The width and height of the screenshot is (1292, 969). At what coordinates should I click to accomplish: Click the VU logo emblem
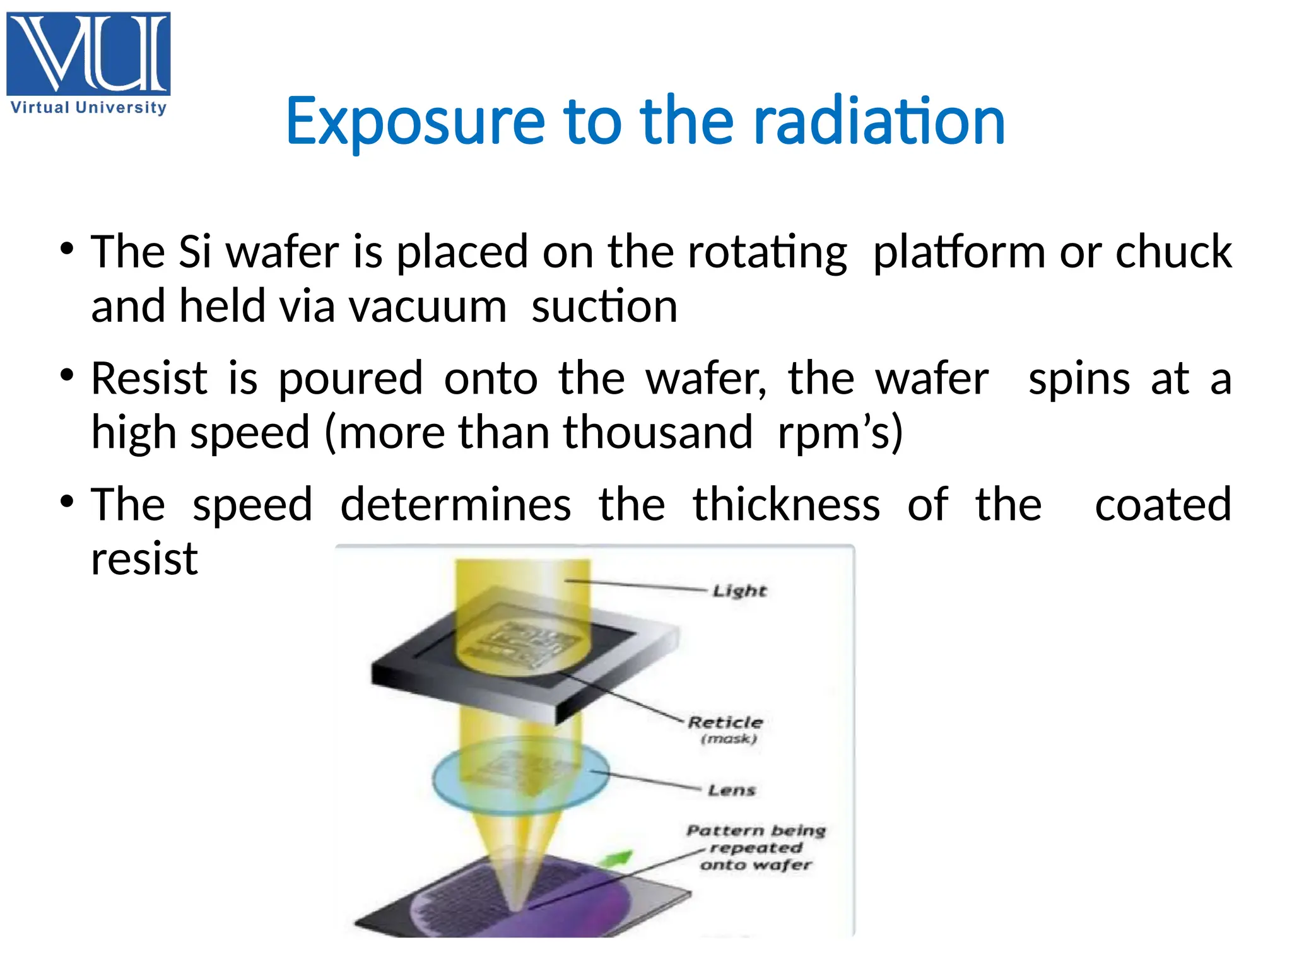pos(88,53)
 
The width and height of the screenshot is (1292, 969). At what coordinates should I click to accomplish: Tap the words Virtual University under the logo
pos(88,107)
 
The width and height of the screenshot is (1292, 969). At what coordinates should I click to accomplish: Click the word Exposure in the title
pos(415,121)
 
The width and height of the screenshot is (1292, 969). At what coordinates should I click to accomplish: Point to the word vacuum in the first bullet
pos(428,307)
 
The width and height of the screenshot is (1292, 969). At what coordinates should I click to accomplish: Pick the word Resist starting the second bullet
pos(149,379)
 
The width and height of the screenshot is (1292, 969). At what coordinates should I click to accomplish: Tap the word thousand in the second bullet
pos(658,433)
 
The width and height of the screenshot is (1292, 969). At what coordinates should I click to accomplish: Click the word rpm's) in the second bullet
pos(840,433)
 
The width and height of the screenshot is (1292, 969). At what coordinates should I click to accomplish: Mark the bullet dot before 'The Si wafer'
pos(67,249)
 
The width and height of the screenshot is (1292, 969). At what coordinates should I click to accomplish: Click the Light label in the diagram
pos(739,591)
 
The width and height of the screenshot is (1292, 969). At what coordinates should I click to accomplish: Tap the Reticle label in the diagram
pos(725,722)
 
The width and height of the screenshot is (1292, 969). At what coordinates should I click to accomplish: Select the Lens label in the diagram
pos(731,790)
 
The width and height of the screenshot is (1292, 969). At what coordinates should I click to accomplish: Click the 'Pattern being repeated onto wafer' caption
pos(756,847)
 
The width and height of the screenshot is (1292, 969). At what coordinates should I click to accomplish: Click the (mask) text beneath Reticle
pos(729,739)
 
